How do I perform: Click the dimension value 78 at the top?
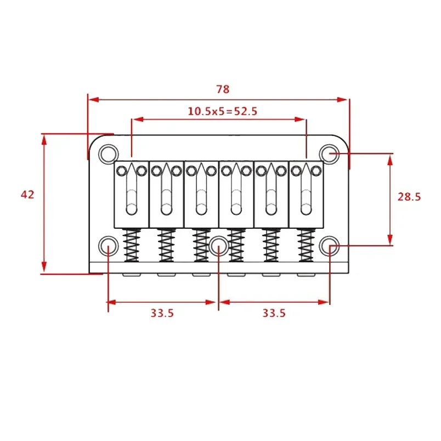click(x=222, y=89)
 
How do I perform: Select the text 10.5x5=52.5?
click(x=222, y=111)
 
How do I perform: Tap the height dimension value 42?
click(x=27, y=194)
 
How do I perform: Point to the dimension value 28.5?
click(x=409, y=196)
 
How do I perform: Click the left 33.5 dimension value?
click(x=162, y=313)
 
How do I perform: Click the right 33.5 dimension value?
click(x=274, y=313)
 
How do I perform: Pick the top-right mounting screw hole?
click(x=330, y=152)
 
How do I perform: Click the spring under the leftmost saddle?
click(x=131, y=245)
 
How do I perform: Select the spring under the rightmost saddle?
click(x=306, y=245)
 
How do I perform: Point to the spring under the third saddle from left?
click(x=201, y=245)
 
